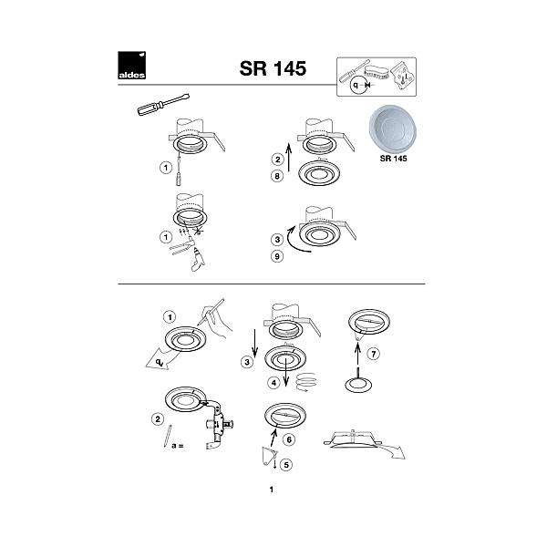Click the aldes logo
pyautogui.click(x=131, y=66)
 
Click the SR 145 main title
pyautogui.click(x=273, y=68)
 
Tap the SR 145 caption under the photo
pyautogui.click(x=393, y=159)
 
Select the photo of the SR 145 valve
pyautogui.click(x=393, y=128)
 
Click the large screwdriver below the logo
pyautogui.click(x=163, y=104)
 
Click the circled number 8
pyautogui.click(x=277, y=176)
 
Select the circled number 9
pyautogui.click(x=277, y=256)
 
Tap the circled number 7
pyautogui.click(x=374, y=354)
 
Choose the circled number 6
pyautogui.click(x=289, y=439)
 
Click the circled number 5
pyautogui.click(x=286, y=465)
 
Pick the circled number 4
pyautogui.click(x=273, y=383)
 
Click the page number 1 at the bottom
pyautogui.click(x=272, y=490)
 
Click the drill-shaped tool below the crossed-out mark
pyautogui.click(x=197, y=259)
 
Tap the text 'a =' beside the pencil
pyautogui.click(x=178, y=446)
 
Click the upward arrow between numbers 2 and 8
pyautogui.click(x=288, y=158)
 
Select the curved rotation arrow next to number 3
pyautogui.click(x=295, y=241)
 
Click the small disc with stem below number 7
pyautogui.click(x=358, y=381)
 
